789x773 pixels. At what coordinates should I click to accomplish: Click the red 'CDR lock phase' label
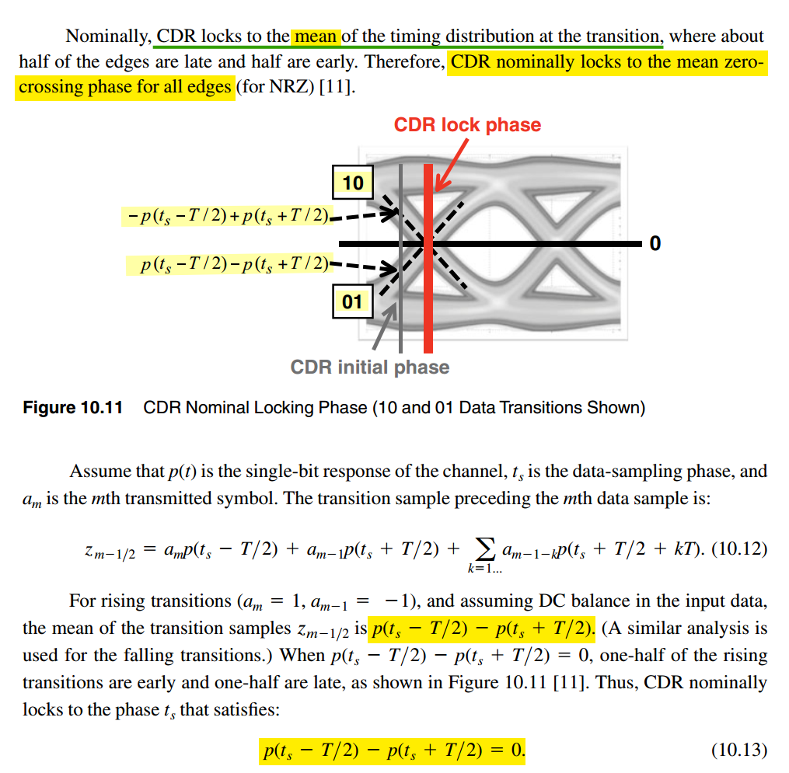[x=467, y=125]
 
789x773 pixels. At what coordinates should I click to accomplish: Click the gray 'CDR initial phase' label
[x=369, y=367]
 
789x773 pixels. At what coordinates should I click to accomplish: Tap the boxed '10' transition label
[x=352, y=183]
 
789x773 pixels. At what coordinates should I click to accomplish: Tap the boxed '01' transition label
[x=352, y=301]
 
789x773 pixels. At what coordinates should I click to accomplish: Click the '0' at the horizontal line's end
[x=655, y=244]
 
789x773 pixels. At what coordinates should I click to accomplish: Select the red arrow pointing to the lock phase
[x=451, y=164]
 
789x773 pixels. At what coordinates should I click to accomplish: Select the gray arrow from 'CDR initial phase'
[x=384, y=327]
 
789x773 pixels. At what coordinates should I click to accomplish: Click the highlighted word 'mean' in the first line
[x=316, y=36]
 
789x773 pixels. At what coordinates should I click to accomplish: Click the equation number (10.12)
[x=739, y=549]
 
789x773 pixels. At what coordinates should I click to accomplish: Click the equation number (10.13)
[x=739, y=750]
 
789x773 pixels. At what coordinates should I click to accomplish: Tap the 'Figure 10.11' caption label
[x=73, y=408]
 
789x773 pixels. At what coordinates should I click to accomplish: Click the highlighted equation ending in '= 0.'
[x=392, y=750]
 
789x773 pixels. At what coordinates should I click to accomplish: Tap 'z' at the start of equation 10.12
[x=89, y=550]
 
